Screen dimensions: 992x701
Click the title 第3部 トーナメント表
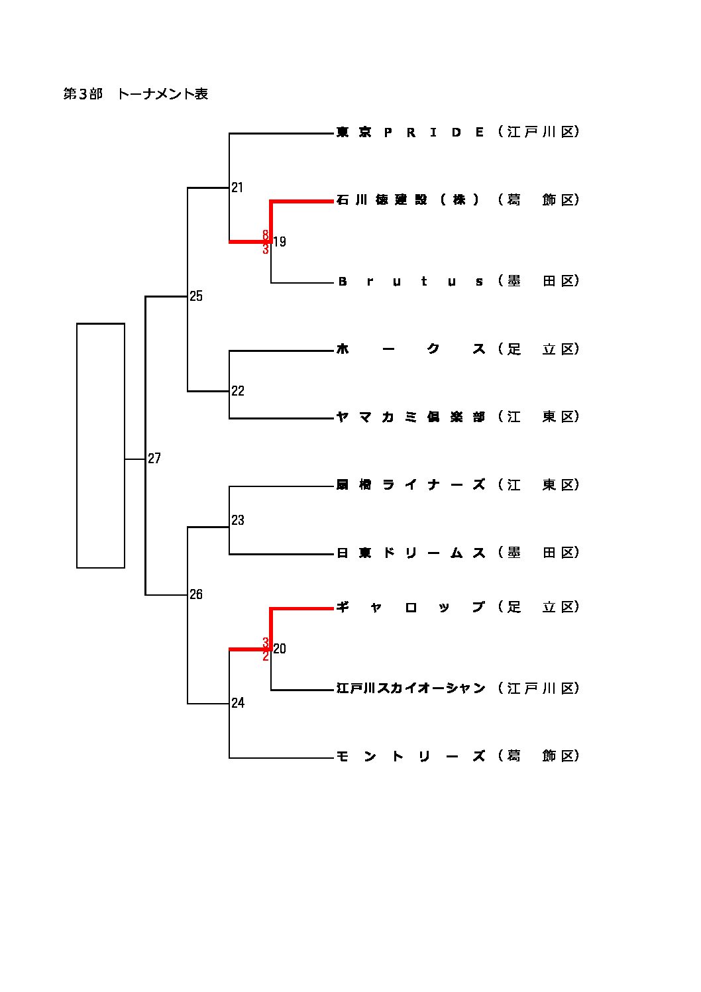point(136,94)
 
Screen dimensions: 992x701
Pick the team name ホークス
point(411,349)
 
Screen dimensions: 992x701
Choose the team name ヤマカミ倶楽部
point(411,417)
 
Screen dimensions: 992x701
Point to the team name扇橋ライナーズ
point(411,485)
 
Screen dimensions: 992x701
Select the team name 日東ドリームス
point(411,553)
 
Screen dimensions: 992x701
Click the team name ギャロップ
point(411,607)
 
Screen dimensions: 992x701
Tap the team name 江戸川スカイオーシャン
point(411,689)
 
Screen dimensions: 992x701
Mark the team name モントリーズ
point(411,756)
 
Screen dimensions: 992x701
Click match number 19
point(280,242)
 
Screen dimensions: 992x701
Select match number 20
point(280,649)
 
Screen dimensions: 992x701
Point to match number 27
point(154,459)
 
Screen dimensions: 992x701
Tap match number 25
point(196,296)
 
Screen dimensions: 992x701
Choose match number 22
point(238,391)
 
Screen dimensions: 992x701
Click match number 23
point(238,520)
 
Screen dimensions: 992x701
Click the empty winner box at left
point(101,445)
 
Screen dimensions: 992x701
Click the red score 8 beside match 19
point(266,235)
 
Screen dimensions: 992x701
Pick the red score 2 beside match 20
point(266,656)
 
